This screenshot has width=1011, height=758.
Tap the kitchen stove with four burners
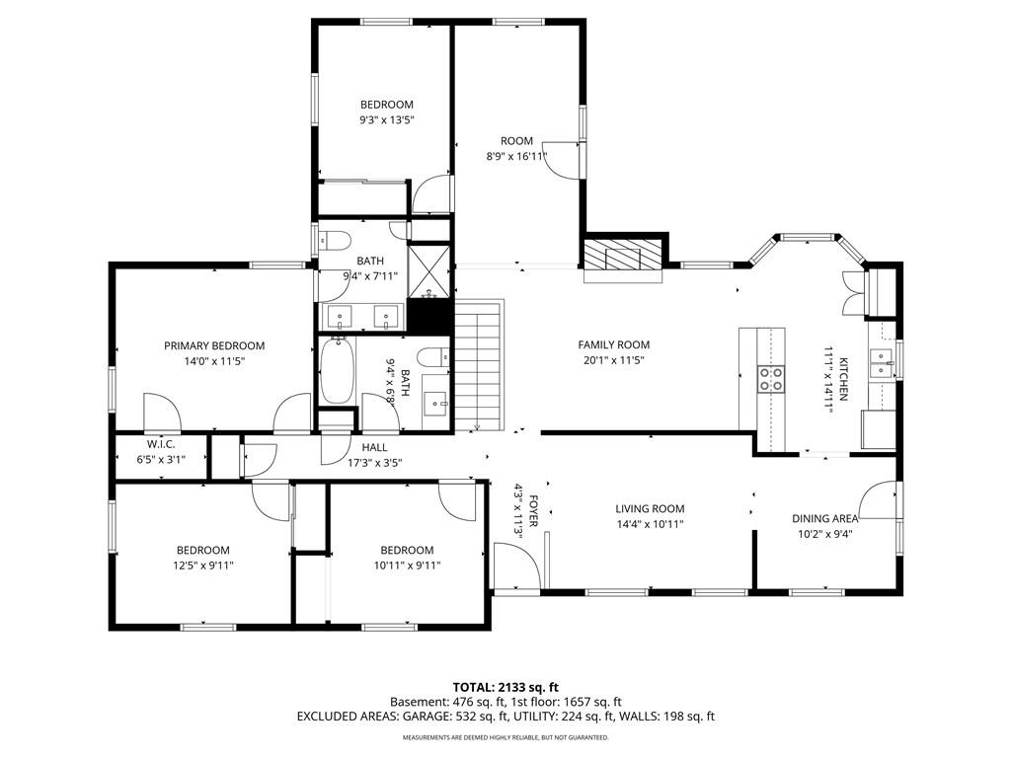point(770,378)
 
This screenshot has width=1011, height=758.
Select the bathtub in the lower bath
point(338,370)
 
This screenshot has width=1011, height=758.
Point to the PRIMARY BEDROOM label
point(214,346)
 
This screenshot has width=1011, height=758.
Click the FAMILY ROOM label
point(614,344)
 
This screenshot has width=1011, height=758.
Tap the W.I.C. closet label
point(161,444)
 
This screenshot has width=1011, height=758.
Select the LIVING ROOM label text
point(650,509)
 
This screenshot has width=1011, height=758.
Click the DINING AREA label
point(825,519)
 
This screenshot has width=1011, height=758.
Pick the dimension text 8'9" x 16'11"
point(516,156)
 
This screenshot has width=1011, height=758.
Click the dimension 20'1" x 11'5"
point(614,361)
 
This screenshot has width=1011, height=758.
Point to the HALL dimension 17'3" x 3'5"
point(374,463)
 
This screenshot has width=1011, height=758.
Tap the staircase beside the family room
point(478,365)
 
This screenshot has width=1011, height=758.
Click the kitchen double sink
point(881,364)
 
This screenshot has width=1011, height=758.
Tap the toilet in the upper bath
point(335,241)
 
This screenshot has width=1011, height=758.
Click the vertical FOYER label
point(533,511)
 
